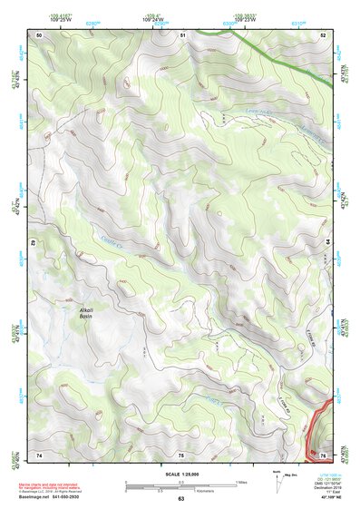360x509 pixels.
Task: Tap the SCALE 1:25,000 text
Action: (180, 474)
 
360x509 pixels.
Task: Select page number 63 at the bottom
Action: (180, 499)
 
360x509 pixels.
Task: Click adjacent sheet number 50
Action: (40, 34)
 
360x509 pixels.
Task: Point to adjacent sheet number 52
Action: (322, 34)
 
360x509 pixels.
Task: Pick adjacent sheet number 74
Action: (40, 454)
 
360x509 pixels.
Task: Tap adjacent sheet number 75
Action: (180, 454)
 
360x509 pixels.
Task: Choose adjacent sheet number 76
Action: (322, 454)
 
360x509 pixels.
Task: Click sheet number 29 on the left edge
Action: (34, 244)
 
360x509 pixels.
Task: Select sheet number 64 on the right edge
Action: (327, 244)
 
